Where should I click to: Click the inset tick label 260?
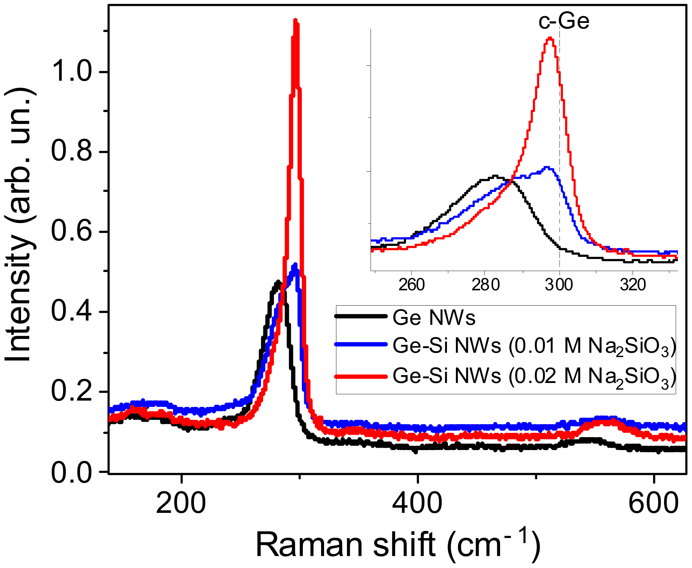(x=411, y=285)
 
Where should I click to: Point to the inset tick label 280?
(x=485, y=285)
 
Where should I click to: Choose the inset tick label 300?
(x=559, y=285)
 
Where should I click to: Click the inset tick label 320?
(x=633, y=285)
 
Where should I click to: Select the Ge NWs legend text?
(x=434, y=318)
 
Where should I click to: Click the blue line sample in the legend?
(x=361, y=344)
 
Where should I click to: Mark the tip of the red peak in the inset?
(x=550, y=38)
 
